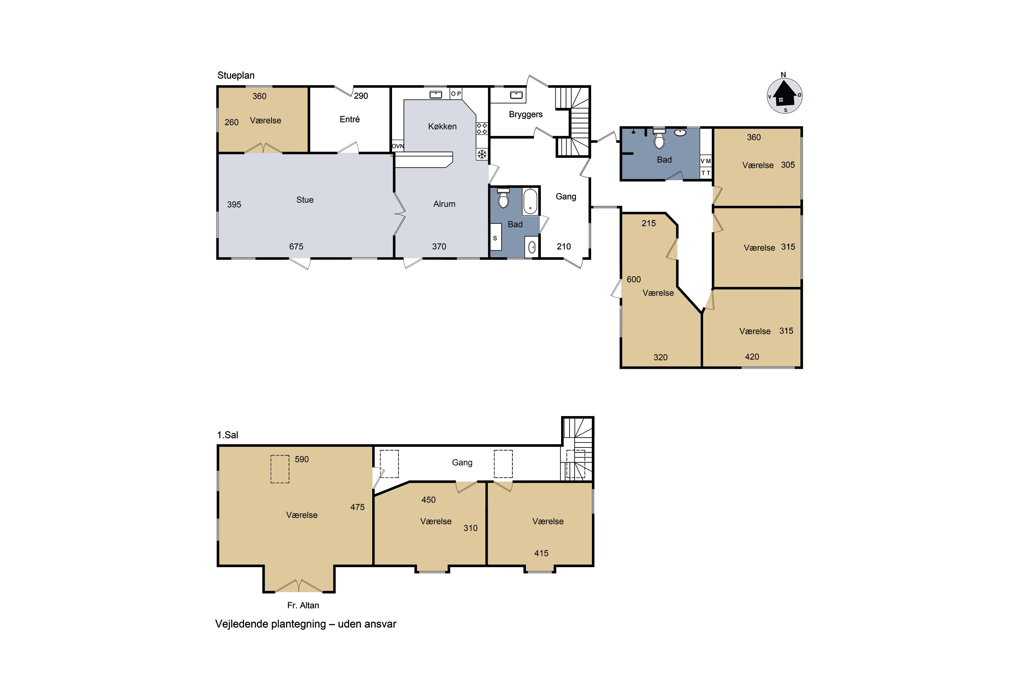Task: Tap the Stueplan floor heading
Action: tap(236, 75)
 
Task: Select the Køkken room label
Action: tap(442, 126)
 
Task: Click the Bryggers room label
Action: tap(526, 115)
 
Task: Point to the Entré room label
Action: tap(349, 119)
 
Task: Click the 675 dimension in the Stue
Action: tap(296, 247)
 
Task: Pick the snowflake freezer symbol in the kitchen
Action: tap(482, 154)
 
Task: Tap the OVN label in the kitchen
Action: tap(398, 146)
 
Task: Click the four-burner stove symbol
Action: tap(482, 128)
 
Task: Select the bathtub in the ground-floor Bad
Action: tap(530, 201)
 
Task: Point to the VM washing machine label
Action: tap(706, 161)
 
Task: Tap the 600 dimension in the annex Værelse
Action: tap(634, 280)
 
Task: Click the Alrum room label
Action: tap(444, 204)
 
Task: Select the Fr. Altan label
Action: tap(303, 605)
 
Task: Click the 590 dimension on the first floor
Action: tap(302, 459)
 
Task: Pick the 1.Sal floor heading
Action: tap(227, 435)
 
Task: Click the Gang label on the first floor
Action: tap(462, 463)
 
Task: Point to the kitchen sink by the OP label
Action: tap(436, 94)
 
